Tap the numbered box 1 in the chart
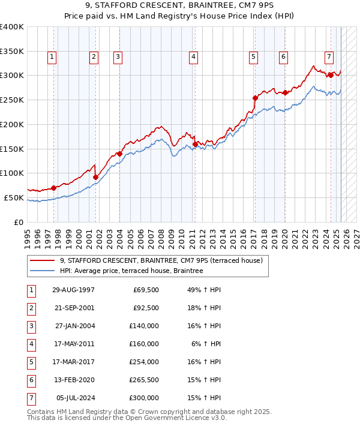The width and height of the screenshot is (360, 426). [52, 57]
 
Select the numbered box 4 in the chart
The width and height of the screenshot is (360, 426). [194, 57]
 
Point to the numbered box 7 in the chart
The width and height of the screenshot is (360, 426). [329, 57]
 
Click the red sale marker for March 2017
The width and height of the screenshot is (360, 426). [255, 98]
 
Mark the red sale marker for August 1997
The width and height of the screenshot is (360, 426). [54, 188]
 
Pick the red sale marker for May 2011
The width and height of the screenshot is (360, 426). [195, 144]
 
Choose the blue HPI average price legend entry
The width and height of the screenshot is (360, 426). [131, 271]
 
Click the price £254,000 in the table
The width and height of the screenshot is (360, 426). [143, 362]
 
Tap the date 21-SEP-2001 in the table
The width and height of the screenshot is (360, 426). [73, 308]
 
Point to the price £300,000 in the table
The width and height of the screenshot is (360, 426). [143, 398]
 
